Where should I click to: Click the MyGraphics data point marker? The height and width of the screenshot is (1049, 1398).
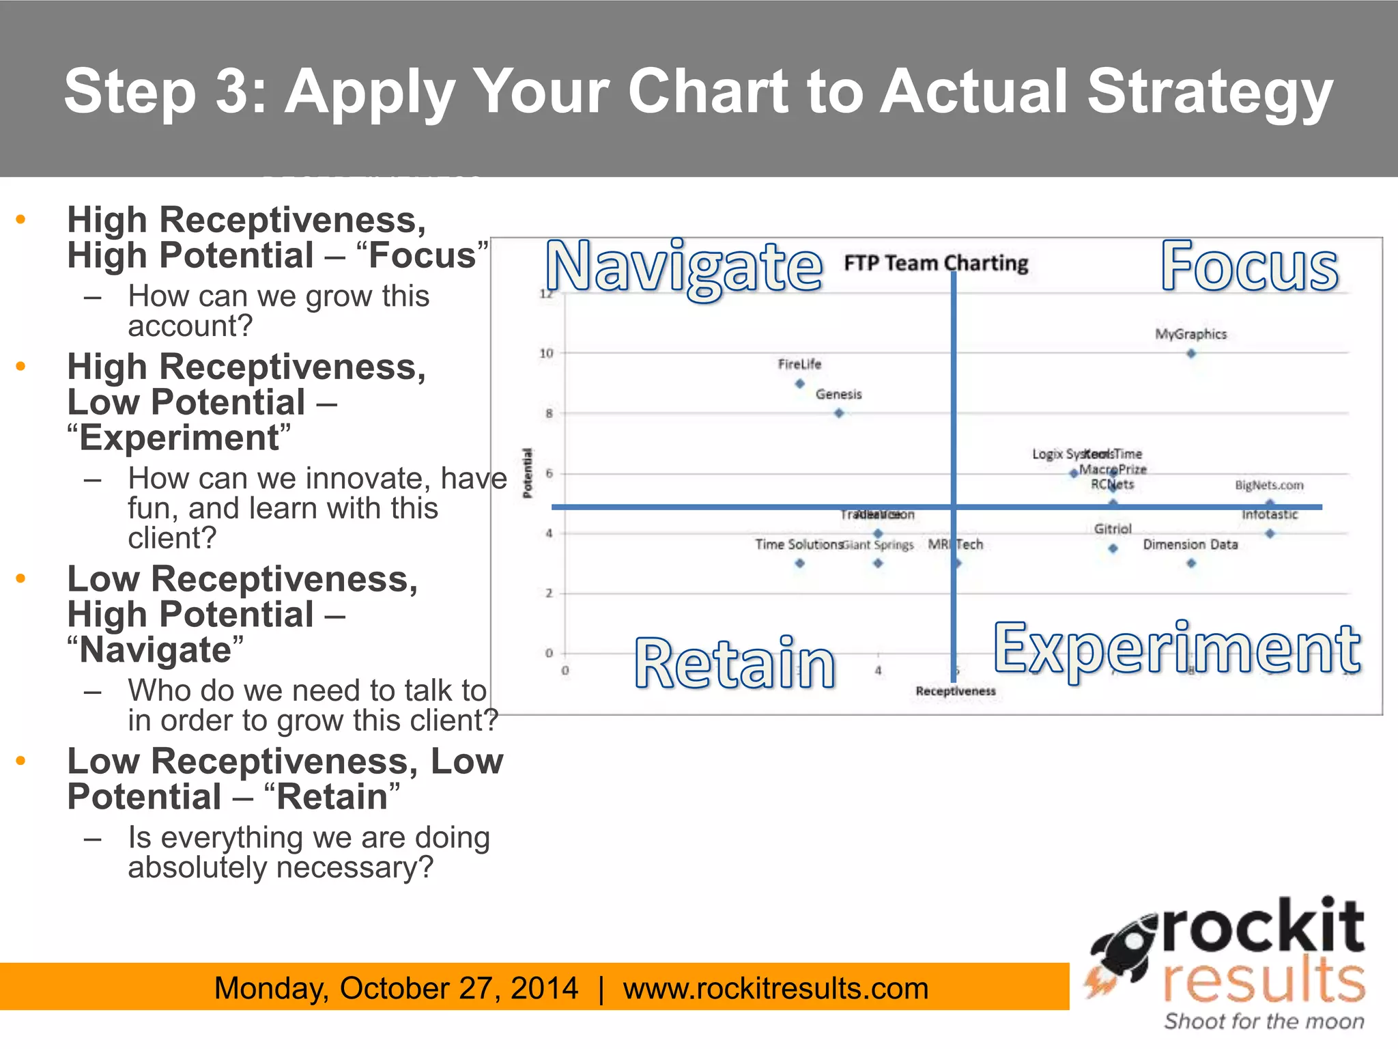pyautogui.click(x=1191, y=354)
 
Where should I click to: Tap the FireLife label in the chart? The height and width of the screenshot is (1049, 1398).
pyautogui.click(x=799, y=364)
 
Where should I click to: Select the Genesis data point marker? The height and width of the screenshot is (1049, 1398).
pyautogui.click(x=839, y=413)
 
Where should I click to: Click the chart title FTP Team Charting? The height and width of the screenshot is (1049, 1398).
pyautogui.click(x=936, y=263)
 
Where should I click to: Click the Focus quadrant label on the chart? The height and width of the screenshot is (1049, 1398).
pyautogui.click(x=1249, y=267)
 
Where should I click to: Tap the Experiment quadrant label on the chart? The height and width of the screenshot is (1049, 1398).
pyautogui.click(x=1177, y=649)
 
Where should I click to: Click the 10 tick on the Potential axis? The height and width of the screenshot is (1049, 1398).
pyautogui.click(x=546, y=353)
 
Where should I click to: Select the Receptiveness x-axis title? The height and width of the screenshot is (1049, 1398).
pyautogui.click(x=955, y=691)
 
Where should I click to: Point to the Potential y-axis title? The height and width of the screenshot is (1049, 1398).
pyautogui.click(x=527, y=473)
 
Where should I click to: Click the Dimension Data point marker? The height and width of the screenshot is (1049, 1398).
pyautogui.click(x=1191, y=563)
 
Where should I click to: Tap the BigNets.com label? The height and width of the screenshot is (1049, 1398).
pyautogui.click(x=1269, y=485)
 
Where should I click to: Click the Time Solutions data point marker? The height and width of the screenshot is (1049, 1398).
pyautogui.click(x=800, y=563)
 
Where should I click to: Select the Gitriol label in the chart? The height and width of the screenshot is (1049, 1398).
pyautogui.click(x=1113, y=529)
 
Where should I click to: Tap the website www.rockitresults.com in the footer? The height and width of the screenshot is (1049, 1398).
pyautogui.click(x=775, y=988)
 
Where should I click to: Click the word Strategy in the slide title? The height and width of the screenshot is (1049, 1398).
pyautogui.click(x=1209, y=92)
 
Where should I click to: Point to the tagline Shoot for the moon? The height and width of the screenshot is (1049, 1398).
pyautogui.click(x=1264, y=1021)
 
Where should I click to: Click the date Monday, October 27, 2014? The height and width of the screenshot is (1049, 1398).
pyautogui.click(x=396, y=988)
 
